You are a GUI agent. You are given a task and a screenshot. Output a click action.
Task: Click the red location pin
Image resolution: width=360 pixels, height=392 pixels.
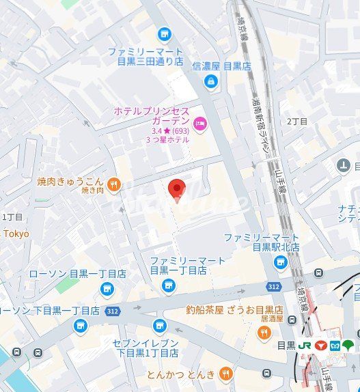[x=177, y=189]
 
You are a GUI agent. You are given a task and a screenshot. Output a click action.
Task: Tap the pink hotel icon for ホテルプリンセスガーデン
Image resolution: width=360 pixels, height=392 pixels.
[x=199, y=124]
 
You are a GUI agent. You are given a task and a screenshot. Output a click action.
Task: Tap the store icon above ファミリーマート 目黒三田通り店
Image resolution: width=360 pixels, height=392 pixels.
[x=164, y=33]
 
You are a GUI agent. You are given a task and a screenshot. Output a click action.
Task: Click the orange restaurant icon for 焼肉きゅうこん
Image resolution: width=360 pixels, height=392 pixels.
[x=113, y=182]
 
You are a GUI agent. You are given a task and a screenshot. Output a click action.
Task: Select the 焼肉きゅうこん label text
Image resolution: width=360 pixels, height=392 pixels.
[x=70, y=182]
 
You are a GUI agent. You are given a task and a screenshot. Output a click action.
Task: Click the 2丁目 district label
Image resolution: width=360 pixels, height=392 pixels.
[x=297, y=121]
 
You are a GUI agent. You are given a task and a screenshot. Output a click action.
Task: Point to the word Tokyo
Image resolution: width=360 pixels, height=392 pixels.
[x=16, y=234]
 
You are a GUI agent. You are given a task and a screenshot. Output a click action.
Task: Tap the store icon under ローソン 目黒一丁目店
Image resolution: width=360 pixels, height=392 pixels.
[x=106, y=289]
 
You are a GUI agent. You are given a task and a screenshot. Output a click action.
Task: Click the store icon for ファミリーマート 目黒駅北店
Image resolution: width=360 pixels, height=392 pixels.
[x=280, y=263]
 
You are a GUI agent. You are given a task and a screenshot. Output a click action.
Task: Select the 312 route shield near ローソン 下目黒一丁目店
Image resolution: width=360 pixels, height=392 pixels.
[x=113, y=311]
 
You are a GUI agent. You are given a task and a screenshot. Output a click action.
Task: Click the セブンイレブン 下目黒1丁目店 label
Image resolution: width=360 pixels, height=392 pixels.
[x=145, y=348]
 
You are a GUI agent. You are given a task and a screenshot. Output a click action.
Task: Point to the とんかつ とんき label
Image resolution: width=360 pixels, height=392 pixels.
[x=180, y=375]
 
